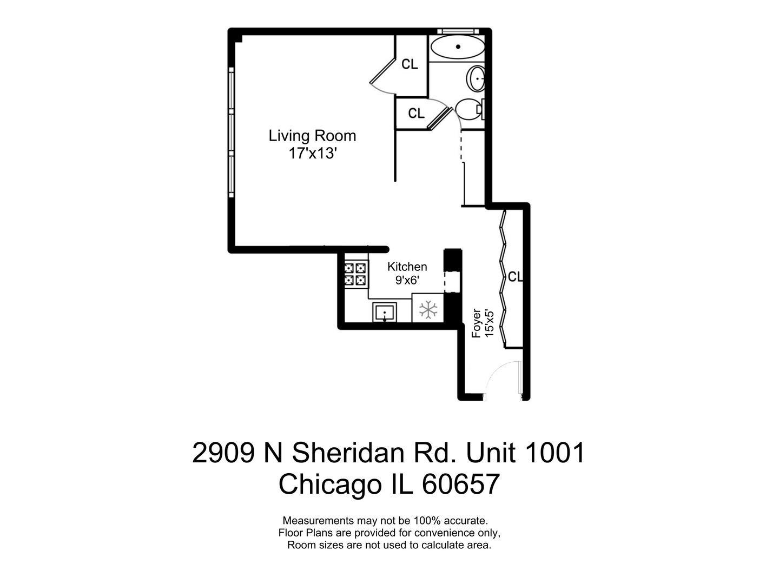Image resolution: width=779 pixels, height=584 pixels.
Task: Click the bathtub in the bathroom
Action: click(x=458, y=47)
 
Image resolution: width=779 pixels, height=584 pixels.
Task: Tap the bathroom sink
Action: click(x=476, y=79)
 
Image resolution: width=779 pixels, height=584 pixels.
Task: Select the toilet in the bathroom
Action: click(x=468, y=110)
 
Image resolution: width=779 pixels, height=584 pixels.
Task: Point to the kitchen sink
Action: click(x=385, y=312)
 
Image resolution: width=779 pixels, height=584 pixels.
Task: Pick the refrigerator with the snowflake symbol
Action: click(x=428, y=309)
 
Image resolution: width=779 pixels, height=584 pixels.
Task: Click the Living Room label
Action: click(x=312, y=135)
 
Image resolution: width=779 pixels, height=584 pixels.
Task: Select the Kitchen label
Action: click(x=407, y=267)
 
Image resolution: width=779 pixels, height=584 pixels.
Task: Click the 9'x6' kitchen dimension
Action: click(x=407, y=280)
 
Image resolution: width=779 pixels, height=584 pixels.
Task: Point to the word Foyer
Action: click(x=476, y=323)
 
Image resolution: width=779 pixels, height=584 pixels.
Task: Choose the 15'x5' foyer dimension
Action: click(x=490, y=323)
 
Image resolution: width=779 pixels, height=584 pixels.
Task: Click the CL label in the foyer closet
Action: click(x=515, y=277)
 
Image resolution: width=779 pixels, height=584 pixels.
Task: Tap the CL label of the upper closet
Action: click(x=410, y=64)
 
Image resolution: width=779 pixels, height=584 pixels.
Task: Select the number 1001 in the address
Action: click(x=554, y=453)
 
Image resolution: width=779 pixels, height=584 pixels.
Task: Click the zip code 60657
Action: click(x=460, y=485)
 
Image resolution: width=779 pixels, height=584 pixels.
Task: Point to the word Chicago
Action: click(x=330, y=485)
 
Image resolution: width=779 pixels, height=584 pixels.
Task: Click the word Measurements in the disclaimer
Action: click(x=319, y=521)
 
